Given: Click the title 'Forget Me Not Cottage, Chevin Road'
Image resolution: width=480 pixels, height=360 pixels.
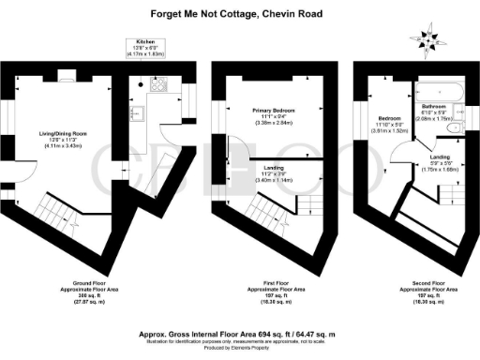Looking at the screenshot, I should tap(239, 13).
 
